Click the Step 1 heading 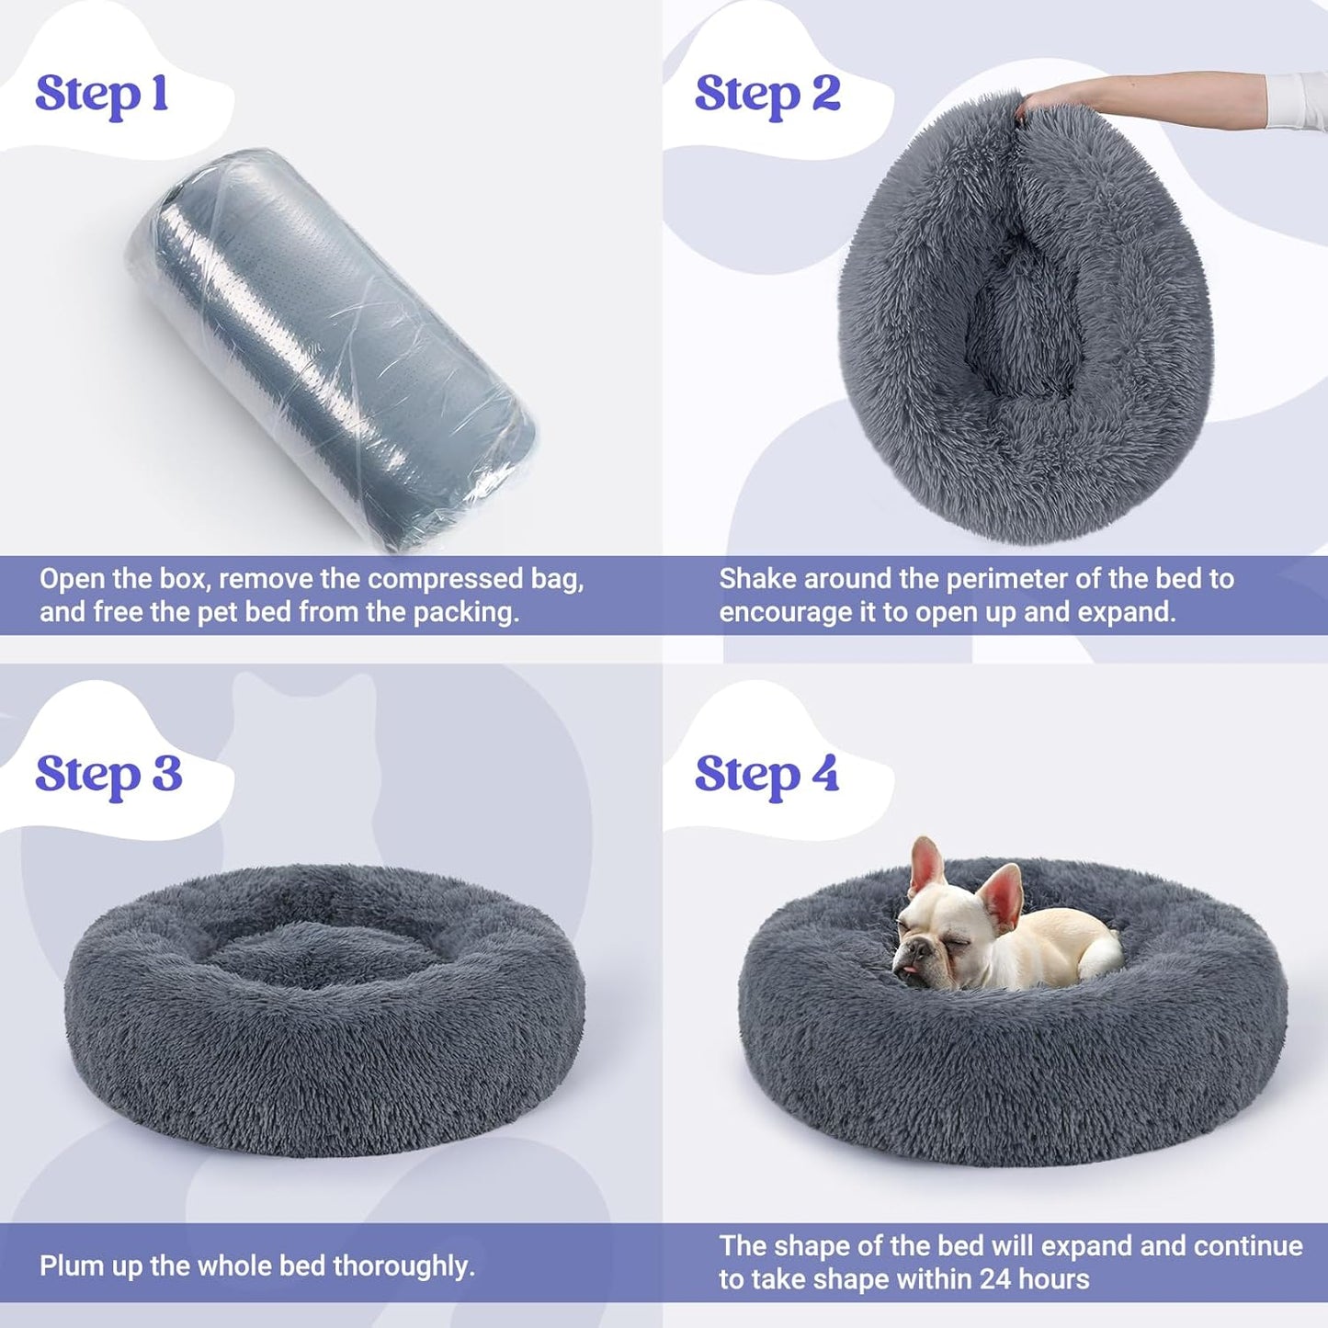coord(101,94)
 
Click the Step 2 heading coord(766,94)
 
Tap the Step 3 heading coord(108,774)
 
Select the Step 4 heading coord(766,774)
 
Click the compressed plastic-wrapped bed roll coord(331,349)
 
